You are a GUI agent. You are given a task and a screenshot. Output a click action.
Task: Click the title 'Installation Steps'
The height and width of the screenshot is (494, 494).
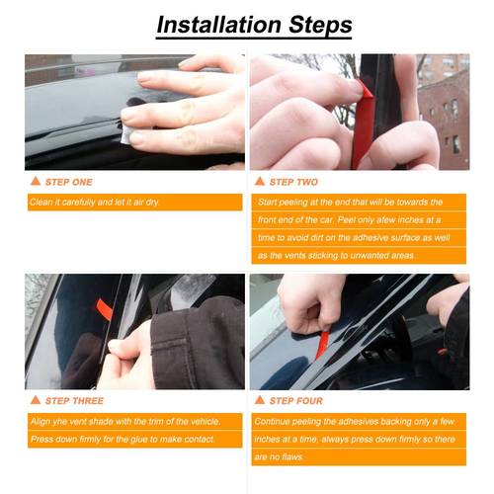click(x=247, y=23)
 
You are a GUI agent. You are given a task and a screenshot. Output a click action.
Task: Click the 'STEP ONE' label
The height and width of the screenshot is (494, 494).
click(x=69, y=182)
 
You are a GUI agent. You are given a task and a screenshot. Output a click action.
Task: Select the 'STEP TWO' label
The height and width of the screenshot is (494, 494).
click(x=293, y=182)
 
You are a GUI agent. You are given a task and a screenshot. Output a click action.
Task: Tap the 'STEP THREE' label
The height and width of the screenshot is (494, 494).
click(x=73, y=400)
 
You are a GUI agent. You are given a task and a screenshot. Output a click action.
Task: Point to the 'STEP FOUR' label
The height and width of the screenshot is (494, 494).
click(x=295, y=400)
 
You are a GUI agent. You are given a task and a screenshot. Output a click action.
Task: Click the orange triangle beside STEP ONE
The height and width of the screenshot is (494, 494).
click(x=36, y=182)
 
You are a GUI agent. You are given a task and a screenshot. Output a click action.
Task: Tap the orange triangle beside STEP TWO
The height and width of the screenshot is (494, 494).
click(x=260, y=182)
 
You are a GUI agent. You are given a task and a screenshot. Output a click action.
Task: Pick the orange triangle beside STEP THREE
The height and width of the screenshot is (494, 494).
click(x=36, y=400)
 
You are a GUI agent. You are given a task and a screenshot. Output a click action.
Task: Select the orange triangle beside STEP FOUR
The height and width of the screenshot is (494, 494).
click(x=260, y=400)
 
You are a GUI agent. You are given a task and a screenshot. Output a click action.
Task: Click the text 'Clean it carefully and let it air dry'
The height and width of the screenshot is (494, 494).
click(x=94, y=203)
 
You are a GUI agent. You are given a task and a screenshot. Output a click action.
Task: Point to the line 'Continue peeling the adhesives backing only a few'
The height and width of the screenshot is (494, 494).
click(x=352, y=420)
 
